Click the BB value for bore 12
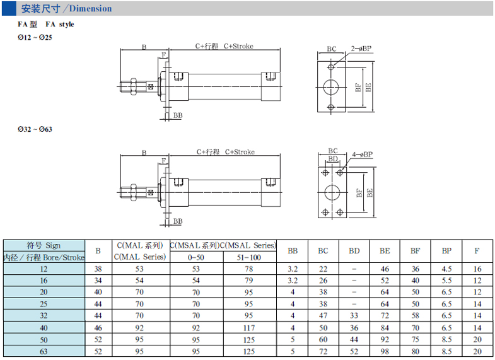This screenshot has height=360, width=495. [293, 269]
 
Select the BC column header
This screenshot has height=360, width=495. [323, 251]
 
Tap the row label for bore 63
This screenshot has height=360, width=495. [44, 351]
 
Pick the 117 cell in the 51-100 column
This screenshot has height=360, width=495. [249, 328]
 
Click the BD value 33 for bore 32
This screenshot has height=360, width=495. [354, 316]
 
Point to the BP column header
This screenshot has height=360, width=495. [446, 251]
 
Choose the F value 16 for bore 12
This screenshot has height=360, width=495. [477, 269]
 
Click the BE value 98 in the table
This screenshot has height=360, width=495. [385, 351]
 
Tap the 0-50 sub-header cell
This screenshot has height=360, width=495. [196, 257]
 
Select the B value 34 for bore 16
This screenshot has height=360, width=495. [98, 281]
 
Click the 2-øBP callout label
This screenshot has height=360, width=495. [361, 49]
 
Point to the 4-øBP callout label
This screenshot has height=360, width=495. [363, 154]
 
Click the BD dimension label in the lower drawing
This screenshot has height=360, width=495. [333, 159]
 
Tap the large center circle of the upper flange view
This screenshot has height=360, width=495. [331, 88]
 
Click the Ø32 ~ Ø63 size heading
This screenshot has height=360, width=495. [35, 129]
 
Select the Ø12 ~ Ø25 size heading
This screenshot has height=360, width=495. [35, 38]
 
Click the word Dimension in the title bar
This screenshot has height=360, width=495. [90, 9]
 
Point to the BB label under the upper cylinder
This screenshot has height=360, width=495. [178, 115]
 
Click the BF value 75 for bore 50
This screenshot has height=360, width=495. [416, 339]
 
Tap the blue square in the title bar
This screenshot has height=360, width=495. [9, 9]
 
